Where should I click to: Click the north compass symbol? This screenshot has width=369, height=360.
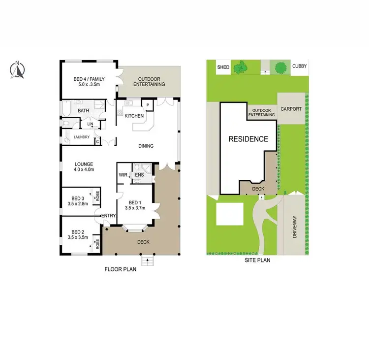coord(17,70)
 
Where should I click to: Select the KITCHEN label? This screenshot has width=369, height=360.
coord(134,116)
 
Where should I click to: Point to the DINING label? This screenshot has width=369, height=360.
coord(146,146)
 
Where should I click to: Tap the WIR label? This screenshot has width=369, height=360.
coord(123,175)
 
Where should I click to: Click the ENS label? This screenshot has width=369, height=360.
coord(139,175)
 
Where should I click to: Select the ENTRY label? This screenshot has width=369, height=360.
coord(108,215)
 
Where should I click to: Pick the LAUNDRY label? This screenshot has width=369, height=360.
coord(81,137)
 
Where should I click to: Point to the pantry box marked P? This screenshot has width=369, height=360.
coord(148,105)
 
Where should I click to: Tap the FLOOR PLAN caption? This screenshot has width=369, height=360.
coord(120,269)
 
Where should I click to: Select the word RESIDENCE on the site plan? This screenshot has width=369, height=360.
coord(248,139)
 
